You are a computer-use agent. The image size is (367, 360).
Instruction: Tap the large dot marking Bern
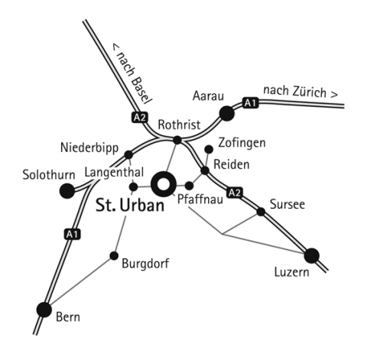pos(44,310)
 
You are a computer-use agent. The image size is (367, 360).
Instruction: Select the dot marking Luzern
pos(311,255)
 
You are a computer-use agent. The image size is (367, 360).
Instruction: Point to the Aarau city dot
pos(226,113)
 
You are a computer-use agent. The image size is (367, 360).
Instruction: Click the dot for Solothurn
pos(67,190)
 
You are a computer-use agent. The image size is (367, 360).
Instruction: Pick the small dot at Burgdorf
pos(114,255)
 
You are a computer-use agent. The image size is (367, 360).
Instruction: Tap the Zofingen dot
pos(209,149)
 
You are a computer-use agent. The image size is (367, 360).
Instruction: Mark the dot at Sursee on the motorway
pos(261,212)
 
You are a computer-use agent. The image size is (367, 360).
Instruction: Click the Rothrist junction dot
pos(177,140)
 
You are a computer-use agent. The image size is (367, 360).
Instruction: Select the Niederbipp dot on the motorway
pos(128,154)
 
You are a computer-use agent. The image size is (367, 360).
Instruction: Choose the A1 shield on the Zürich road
pos(250,103)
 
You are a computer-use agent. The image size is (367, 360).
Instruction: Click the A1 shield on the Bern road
pos(72,234)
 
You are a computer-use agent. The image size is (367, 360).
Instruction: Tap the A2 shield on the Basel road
pos(140,118)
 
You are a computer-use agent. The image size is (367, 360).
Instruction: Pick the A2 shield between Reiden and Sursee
pos(235,193)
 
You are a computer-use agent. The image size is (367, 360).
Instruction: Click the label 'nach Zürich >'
pos(300,92)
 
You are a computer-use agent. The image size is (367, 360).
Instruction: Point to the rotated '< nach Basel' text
pos(132,74)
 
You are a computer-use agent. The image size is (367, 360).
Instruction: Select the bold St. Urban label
pos(130,205)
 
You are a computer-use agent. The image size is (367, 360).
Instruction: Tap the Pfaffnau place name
pos(200,199)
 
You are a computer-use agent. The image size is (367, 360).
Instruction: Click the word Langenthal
pos(114,173)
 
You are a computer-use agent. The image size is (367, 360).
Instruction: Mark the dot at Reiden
pos(205,170)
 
